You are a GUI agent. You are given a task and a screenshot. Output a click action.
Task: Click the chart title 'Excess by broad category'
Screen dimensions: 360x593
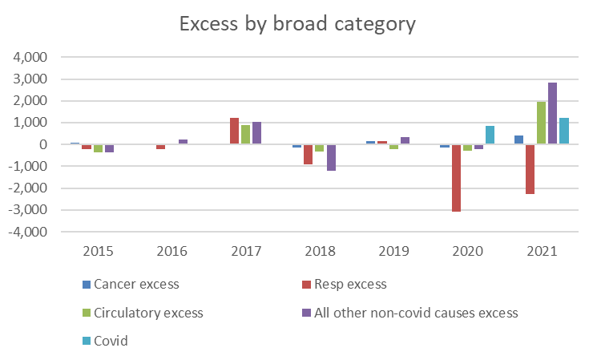click(296, 24)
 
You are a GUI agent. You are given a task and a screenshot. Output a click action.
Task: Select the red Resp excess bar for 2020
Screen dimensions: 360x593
click(456, 178)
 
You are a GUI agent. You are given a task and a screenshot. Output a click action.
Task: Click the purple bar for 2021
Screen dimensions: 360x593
click(553, 113)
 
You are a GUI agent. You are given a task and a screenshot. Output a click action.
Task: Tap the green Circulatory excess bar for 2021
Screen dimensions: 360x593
click(542, 123)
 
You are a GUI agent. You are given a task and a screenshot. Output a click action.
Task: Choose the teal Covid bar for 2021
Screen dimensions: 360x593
click(564, 131)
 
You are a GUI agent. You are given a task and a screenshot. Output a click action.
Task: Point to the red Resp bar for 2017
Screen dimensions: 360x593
click(235, 131)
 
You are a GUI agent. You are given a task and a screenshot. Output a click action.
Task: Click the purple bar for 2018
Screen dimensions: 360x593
click(331, 157)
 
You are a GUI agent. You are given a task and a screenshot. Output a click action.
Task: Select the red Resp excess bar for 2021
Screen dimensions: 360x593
click(530, 169)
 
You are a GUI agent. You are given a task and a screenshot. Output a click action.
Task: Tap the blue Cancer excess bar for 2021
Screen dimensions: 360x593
click(519, 140)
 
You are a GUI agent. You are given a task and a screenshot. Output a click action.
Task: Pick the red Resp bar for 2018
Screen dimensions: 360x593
click(309, 154)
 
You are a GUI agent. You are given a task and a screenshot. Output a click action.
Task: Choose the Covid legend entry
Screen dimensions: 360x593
click(111, 341)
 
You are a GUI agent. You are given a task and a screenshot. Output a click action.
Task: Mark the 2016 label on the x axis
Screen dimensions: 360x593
click(172, 251)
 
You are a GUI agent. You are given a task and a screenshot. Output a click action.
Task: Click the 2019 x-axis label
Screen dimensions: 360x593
click(394, 251)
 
